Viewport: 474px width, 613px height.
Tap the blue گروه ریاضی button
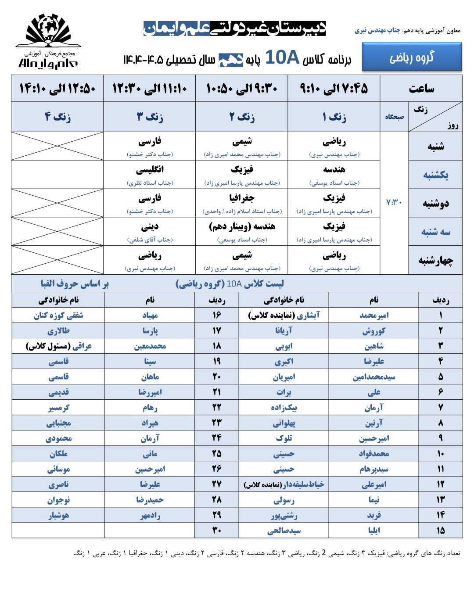click(412, 57)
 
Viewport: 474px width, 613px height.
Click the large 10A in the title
click(282, 57)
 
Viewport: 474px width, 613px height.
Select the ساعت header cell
click(421, 89)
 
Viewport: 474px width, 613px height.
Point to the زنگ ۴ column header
click(57, 117)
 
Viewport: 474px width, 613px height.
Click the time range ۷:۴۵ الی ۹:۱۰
click(334, 89)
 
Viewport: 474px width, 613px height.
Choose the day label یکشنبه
click(435, 175)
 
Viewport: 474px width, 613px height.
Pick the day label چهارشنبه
click(435, 260)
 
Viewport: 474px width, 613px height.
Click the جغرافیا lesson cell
click(242, 203)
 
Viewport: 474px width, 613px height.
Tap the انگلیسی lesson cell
click(150, 175)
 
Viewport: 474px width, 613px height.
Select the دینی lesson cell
click(150, 232)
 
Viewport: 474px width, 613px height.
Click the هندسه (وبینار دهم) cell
click(242, 232)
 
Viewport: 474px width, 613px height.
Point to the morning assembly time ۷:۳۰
click(394, 202)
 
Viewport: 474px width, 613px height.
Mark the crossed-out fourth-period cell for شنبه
click(57, 146)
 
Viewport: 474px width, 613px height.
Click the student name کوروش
click(373, 331)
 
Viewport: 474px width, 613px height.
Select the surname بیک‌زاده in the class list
click(284, 408)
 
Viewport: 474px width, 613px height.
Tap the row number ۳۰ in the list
click(217, 531)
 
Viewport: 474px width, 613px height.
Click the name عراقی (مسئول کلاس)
click(58, 346)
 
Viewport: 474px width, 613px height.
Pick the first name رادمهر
click(150, 515)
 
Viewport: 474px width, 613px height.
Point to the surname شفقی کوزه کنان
click(58, 315)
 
